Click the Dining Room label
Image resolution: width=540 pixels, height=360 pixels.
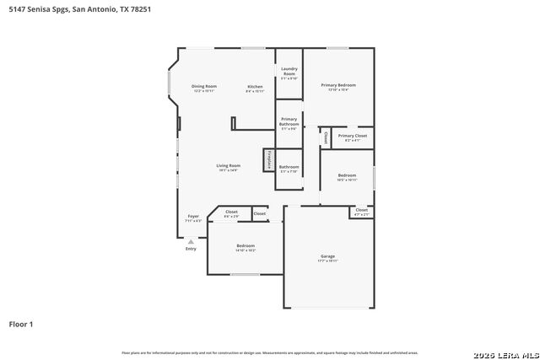tap(204, 87)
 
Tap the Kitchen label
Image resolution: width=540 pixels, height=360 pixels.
tap(255, 87)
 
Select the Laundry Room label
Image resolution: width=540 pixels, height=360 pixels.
tap(289, 71)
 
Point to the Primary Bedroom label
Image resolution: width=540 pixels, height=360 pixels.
tap(337, 85)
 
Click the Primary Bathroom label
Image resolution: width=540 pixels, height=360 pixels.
tap(289, 121)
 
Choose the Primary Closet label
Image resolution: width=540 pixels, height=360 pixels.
tap(353, 136)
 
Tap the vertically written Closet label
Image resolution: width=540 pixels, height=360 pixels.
tap(326, 136)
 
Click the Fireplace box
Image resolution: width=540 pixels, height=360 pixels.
tap(269, 159)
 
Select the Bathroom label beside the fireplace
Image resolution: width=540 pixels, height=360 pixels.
tap(289, 167)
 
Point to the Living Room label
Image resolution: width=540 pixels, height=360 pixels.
tap(228, 166)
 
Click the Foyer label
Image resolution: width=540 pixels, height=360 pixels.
tap(193, 217)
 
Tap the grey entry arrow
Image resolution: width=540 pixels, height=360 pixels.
tap(191, 240)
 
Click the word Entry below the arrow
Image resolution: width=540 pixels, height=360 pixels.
tap(191, 249)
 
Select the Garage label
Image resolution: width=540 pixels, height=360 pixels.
tap(327, 256)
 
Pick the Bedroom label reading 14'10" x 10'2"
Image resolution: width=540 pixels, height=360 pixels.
tap(246, 245)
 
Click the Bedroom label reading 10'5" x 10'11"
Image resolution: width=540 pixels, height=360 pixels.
tap(347, 175)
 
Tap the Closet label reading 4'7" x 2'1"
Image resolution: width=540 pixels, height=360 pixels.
tap(361, 211)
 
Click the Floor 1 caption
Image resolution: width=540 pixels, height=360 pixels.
tap(20, 324)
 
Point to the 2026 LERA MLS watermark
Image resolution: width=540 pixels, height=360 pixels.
tap(504, 352)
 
